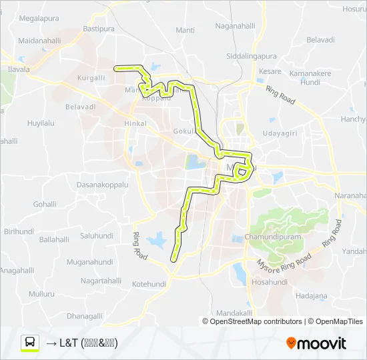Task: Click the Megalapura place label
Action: [x=41, y=19]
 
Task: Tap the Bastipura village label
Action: [x=99, y=29]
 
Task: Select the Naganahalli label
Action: [x=236, y=26]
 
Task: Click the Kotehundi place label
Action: [x=149, y=284]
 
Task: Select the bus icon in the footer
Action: [x=30, y=343]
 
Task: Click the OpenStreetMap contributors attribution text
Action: [x=252, y=321]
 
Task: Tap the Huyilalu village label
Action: [x=41, y=123]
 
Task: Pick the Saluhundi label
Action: [x=97, y=235]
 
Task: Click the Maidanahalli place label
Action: [x=39, y=41]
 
